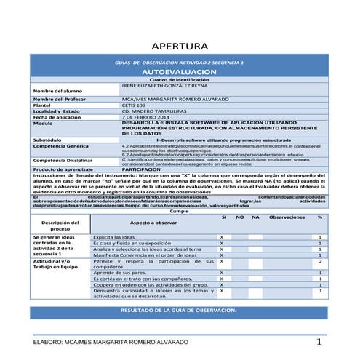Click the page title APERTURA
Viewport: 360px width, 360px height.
click(179, 47)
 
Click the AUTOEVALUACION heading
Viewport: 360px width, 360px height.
click(179, 73)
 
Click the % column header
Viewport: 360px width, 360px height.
click(320, 217)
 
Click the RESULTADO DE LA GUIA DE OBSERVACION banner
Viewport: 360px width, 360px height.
click(179, 311)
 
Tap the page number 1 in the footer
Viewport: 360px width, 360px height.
click(319, 341)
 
